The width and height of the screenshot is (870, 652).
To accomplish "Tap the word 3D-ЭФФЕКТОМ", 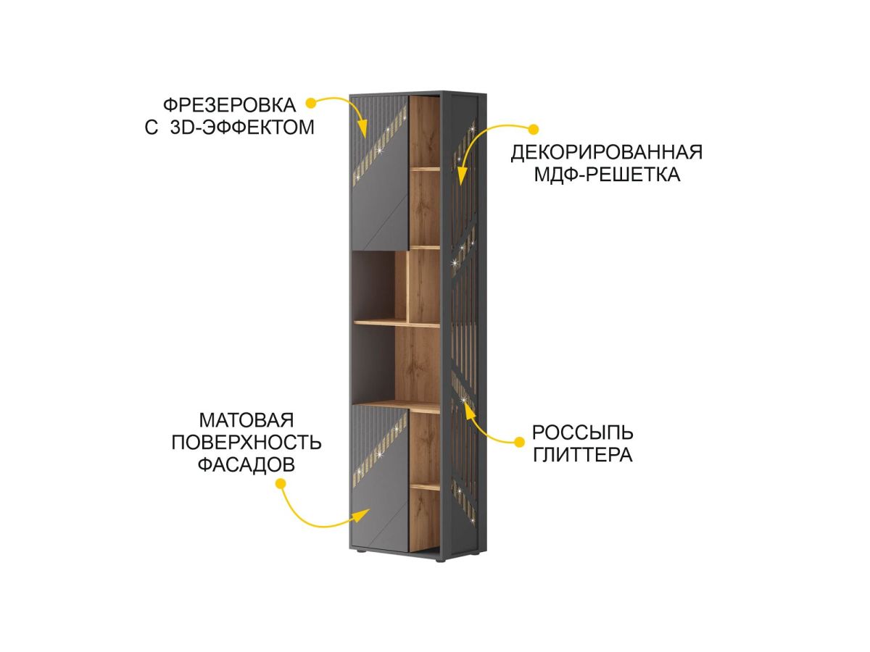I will [242, 128].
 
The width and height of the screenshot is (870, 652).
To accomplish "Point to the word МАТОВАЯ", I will [246, 421].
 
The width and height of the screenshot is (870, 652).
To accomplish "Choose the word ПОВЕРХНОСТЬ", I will [246, 443].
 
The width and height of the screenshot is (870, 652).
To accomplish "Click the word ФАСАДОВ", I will [246, 466].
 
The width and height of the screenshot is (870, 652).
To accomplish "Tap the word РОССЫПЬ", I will [582, 433].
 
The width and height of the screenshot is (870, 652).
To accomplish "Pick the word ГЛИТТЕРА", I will [582, 456].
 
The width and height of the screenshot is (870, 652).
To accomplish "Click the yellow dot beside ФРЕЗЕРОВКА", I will [311, 102].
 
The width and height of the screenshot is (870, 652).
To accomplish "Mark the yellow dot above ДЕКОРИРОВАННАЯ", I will [533, 130].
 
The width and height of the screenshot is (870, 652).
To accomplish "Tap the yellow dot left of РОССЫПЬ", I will [519, 441].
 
